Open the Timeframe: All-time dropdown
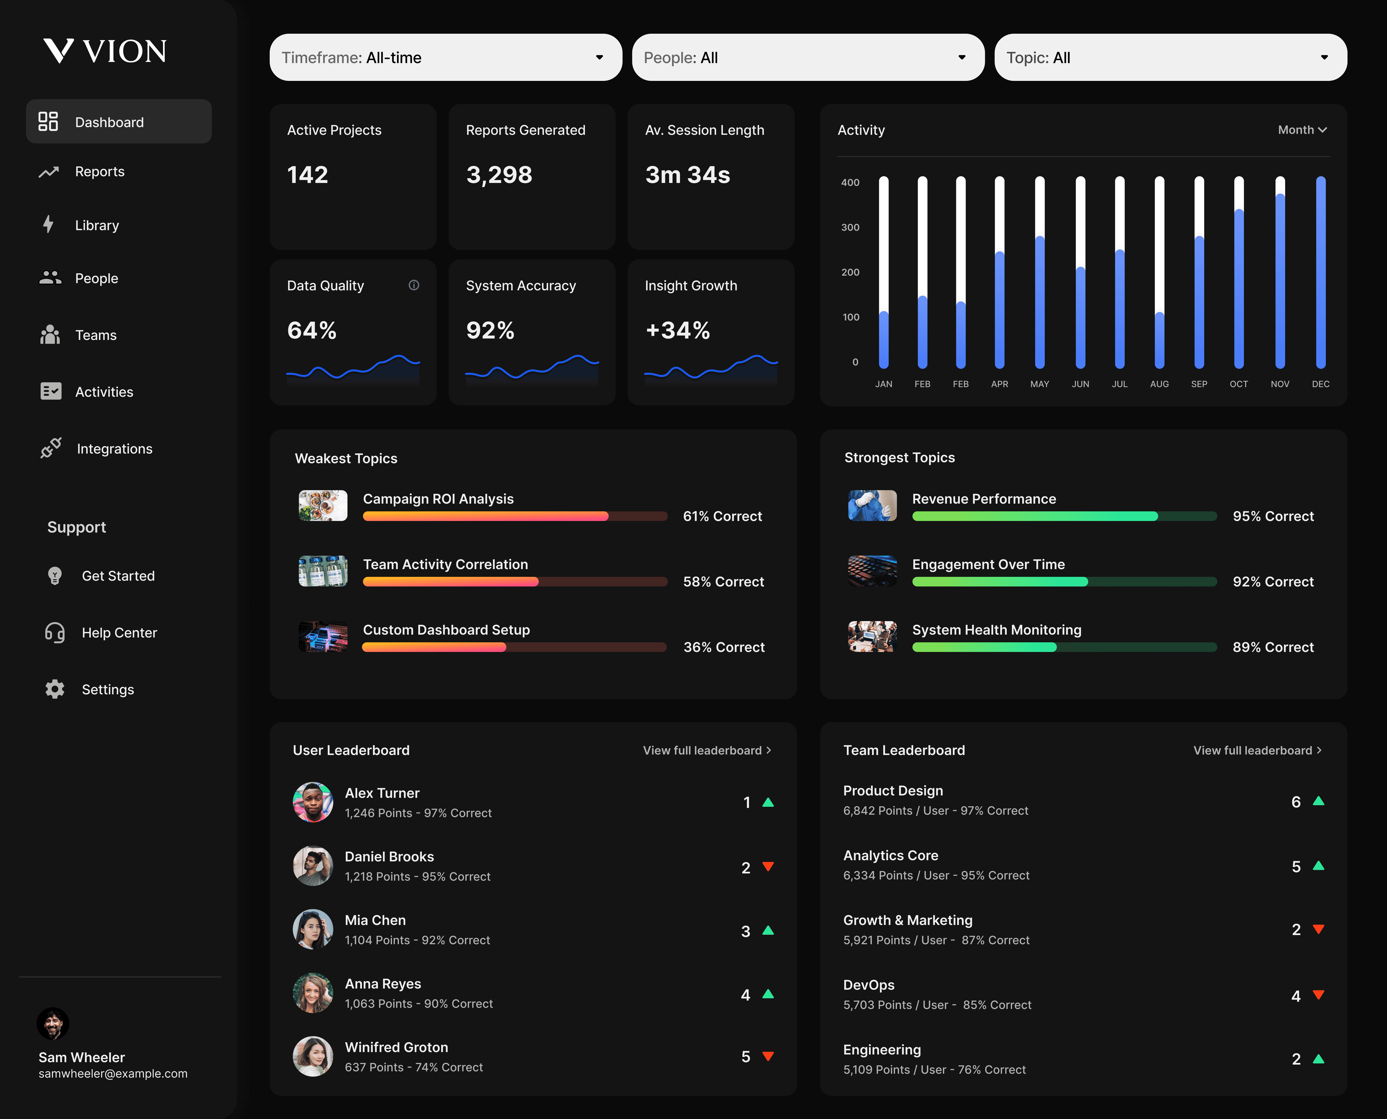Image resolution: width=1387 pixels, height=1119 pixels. [445, 57]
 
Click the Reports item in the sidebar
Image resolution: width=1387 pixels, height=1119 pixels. [99, 171]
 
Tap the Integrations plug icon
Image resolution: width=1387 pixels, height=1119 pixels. [50, 448]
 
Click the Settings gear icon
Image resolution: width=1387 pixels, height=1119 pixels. [55, 689]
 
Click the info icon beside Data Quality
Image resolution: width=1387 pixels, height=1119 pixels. [414, 285]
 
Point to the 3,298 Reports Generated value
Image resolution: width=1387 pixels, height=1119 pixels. [499, 175]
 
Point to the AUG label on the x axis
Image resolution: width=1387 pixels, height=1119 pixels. [1159, 384]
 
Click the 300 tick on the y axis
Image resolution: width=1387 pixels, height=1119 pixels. [850, 228]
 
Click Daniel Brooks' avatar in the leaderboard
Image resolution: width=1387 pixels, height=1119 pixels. [313, 866]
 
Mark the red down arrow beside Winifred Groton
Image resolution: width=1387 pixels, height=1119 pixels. [767, 1056]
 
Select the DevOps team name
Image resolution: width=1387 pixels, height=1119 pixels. [869, 985]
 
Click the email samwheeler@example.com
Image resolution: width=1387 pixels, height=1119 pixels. [113, 1073]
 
